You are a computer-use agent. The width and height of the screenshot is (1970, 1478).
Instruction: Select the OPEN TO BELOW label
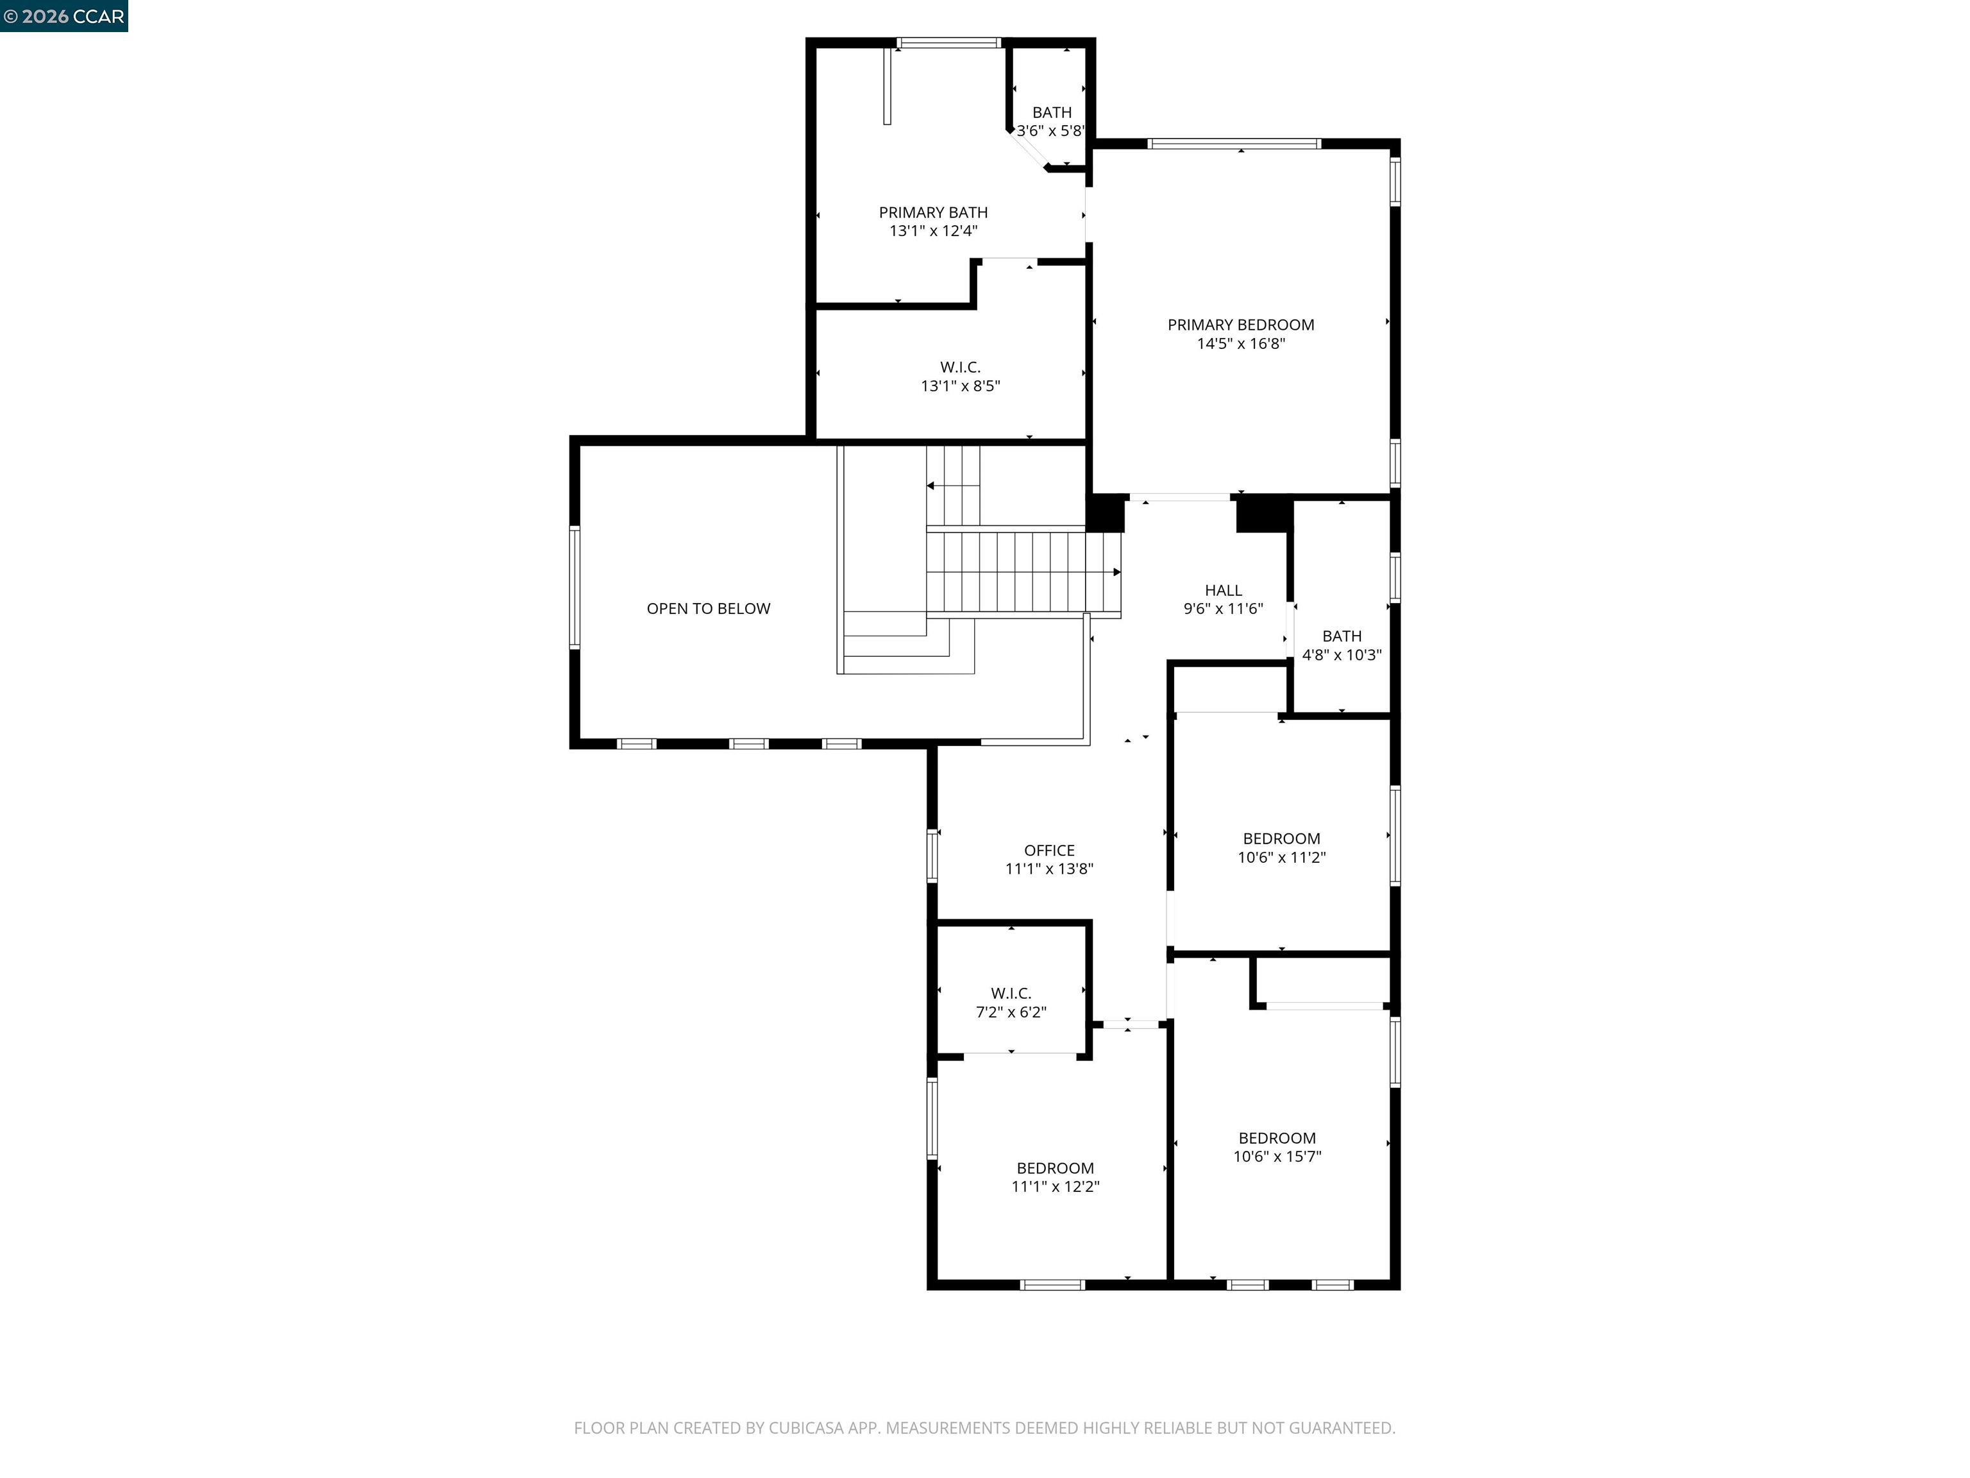708,609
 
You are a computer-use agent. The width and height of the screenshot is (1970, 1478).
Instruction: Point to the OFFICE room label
1049,850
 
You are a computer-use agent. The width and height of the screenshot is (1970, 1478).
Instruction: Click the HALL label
1223,590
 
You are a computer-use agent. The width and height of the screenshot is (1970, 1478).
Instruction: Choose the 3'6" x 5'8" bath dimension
1051,131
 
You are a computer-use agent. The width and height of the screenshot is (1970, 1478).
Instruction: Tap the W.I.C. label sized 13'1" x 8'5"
960,367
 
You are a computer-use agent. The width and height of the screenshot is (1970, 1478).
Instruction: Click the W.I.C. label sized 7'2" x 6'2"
1011,992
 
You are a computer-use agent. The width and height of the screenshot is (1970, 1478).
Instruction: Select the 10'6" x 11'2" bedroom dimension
1281,857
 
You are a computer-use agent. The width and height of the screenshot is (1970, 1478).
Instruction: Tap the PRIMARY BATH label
932,212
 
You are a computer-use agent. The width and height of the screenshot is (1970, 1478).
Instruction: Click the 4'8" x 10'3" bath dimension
1342,655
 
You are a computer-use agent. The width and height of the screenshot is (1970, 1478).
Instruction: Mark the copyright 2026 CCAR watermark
64,16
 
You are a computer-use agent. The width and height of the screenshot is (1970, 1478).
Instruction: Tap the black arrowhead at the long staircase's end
1117,572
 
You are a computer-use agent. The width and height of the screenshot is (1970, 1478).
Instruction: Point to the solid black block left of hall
1105,514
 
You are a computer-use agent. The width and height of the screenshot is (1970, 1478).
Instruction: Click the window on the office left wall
932,855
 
